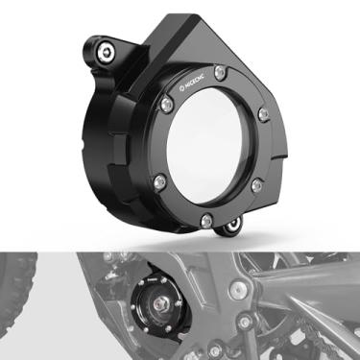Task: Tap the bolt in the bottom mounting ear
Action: coord(230,228)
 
